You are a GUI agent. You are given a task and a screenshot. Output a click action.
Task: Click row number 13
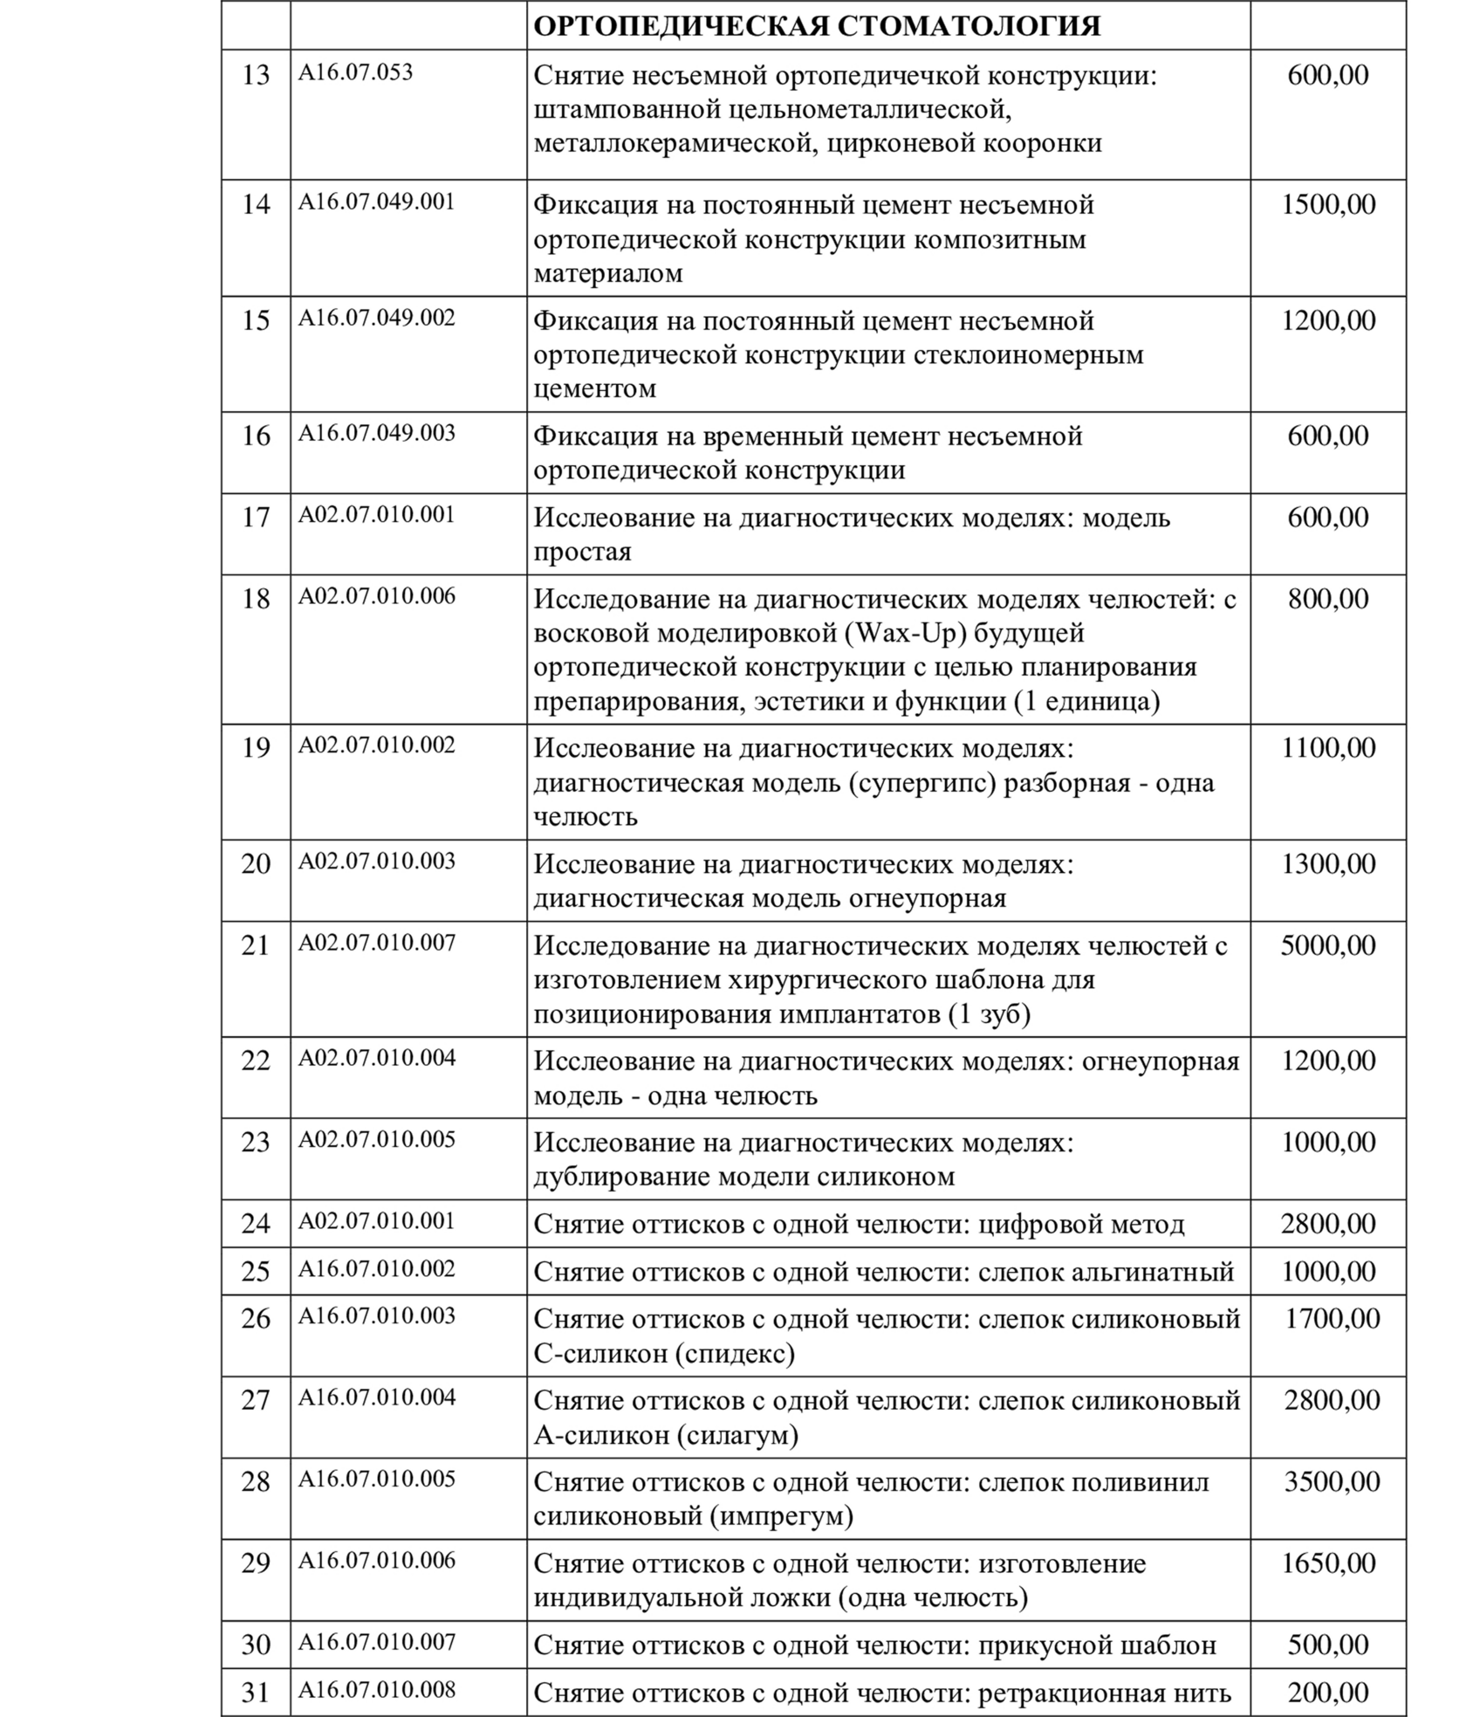click(256, 76)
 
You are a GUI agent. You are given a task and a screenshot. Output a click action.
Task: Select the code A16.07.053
click(356, 72)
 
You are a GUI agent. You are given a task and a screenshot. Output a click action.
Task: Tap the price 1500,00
click(1328, 205)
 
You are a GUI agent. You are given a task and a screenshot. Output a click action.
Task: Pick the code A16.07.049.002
click(377, 318)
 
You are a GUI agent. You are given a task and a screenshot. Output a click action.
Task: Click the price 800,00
click(1328, 599)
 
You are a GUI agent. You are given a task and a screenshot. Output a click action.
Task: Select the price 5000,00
click(1328, 945)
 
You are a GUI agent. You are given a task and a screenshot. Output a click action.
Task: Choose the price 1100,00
click(1328, 748)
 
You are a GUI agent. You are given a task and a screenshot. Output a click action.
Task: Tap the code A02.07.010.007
click(377, 943)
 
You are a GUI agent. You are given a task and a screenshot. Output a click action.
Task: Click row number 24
click(256, 1224)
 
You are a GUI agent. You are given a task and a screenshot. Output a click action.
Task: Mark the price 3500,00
click(1332, 1481)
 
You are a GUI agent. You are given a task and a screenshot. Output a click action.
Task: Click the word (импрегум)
click(781, 1516)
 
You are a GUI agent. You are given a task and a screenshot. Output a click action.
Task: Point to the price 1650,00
click(1328, 1562)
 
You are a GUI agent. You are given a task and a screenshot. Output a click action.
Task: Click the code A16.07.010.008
click(377, 1689)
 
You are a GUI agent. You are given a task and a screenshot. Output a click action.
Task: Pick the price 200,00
click(1328, 1693)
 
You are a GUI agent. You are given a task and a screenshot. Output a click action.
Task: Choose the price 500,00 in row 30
click(1328, 1645)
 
